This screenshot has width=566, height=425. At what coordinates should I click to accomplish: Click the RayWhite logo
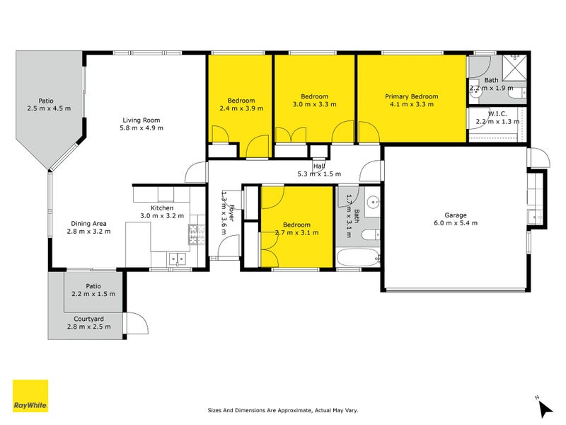tap(30, 396)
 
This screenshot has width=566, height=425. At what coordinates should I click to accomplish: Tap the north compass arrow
tap(545, 407)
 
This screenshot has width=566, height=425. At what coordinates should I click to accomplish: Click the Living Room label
tap(141, 120)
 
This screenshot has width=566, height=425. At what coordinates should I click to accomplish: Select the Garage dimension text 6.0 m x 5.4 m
tap(456, 223)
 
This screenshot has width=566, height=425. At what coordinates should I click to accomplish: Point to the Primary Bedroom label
tap(411, 96)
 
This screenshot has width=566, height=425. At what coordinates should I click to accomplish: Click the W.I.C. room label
tap(497, 113)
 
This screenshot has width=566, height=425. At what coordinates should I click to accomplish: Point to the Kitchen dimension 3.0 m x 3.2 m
tap(162, 216)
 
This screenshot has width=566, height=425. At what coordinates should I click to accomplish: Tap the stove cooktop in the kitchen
tap(192, 231)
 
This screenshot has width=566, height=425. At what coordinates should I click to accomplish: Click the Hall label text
tap(319, 166)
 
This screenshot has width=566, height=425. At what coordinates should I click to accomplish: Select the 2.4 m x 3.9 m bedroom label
tap(241, 108)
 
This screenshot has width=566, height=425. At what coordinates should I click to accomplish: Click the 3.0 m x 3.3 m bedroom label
tap(314, 104)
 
